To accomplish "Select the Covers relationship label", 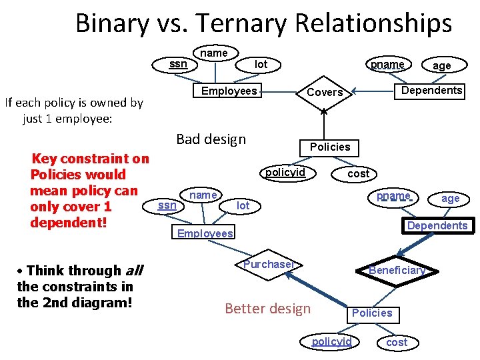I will pos(325,92).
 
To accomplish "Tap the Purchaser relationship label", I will pos(268,265).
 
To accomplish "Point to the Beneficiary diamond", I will pos(397,270).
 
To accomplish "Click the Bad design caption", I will pos(211,139).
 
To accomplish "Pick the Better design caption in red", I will pos(267,308).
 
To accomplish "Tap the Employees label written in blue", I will pos(205,233).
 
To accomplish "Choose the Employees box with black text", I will pos(229,91).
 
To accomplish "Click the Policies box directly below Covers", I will pos(329,147).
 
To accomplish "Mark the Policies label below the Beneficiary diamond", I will pos(372,313).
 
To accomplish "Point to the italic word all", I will pos(133,271).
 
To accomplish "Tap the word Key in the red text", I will pos(45,159).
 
